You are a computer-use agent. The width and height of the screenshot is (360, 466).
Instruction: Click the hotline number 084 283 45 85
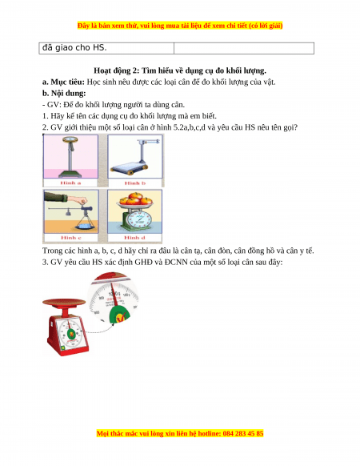coord(243,433)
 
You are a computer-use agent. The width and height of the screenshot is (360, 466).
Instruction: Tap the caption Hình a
coord(70,183)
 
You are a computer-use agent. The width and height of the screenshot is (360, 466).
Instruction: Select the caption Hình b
coord(135,183)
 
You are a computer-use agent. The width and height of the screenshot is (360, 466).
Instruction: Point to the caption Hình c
coord(71,238)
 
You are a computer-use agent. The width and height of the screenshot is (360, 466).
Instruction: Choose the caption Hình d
coord(134,238)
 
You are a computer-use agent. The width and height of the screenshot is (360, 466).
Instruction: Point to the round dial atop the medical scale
coord(70,139)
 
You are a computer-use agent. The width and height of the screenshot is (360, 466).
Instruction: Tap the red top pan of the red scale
coord(64,303)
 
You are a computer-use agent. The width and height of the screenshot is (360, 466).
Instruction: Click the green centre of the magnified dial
coord(119,315)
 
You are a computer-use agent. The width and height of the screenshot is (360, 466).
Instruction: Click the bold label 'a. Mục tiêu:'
coord(63,82)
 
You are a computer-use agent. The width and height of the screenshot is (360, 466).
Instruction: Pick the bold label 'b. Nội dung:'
coord(64,94)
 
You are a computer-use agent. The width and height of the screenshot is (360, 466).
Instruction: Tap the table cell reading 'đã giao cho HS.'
coord(74,47)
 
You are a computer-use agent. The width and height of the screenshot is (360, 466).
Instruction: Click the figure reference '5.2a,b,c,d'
coord(190,127)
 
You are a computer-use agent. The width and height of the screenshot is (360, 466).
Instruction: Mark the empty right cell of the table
coord(244,48)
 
